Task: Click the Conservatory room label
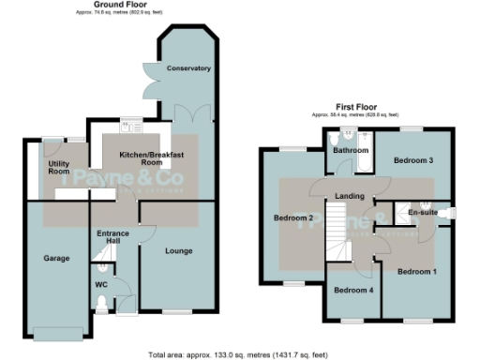[188, 68]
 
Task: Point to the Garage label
[58, 256]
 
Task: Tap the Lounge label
[178, 251]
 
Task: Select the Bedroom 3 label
[413, 160]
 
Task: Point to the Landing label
[349, 195]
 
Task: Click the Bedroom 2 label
[293, 218]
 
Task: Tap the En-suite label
[423, 214]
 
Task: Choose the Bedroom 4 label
[352, 290]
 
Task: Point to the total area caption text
[239, 354]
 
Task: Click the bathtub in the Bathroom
[351, 167]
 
